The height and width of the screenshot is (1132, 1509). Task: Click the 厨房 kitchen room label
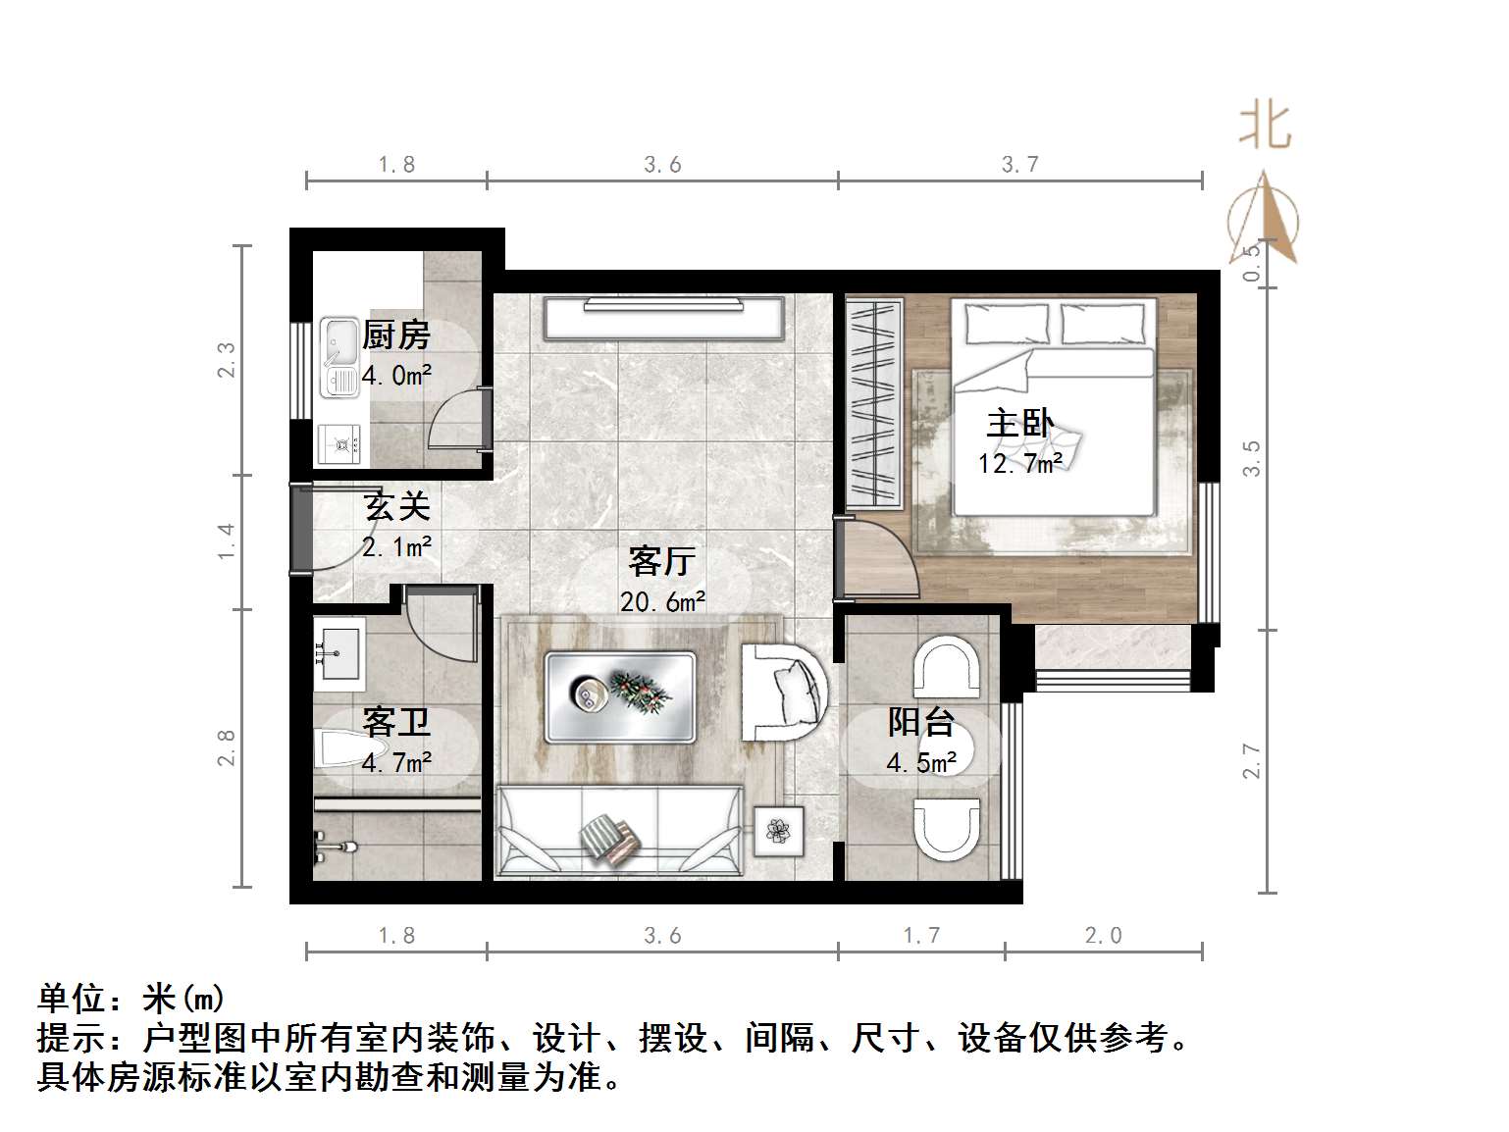tap(396, 335)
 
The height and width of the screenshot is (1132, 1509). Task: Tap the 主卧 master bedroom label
tap(1019, 424)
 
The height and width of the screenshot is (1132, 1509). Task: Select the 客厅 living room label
tap(662, 561)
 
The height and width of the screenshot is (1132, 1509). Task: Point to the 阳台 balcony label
tap(921, 722)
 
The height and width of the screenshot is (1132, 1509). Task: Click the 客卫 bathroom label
tap(396, 722)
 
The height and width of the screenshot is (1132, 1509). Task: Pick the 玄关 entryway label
tap(396, 507)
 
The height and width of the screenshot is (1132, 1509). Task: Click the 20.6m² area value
tap(662, 601)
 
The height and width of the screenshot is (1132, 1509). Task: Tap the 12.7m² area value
tap(1019, 462)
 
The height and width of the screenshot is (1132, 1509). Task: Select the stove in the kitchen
tap(340, 444)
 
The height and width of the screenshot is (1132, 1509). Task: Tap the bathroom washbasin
tap(338, 649)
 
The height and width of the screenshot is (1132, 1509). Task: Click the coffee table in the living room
tap(620, 696)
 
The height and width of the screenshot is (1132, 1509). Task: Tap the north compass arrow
tap(1263, 220)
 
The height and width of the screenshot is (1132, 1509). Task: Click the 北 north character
tap(1266, 127)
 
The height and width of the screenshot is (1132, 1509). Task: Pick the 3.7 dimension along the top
tap(1019, 165)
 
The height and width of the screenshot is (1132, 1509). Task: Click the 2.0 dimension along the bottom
tap(1103, 936)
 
